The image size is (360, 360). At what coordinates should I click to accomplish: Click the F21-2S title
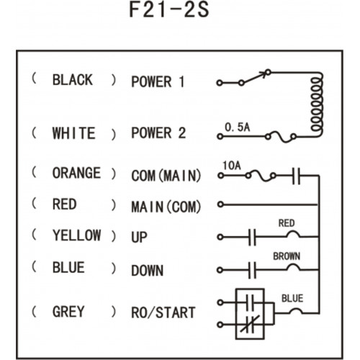169,9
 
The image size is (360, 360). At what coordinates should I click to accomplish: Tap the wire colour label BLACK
73,80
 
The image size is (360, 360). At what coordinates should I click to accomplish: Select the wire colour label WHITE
74,133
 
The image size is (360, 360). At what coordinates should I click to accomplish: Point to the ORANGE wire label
76,173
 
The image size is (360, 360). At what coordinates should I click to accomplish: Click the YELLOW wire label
76,235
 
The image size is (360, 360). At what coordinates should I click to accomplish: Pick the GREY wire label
68,311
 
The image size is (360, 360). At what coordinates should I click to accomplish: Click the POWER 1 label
158,81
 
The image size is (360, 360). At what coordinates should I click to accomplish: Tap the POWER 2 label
158,132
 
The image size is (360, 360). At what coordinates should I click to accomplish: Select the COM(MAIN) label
166,176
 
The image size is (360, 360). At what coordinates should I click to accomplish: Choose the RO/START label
163,312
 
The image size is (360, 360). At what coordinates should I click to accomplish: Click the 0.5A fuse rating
237,127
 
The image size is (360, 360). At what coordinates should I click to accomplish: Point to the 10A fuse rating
232,166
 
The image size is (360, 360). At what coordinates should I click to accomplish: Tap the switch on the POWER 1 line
255,77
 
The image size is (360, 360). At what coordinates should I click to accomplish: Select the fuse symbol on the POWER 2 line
280,137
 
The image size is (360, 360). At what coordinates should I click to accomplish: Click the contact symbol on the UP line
252,237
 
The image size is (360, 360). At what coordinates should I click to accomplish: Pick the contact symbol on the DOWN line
252,270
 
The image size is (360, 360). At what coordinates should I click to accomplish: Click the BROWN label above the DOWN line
287,256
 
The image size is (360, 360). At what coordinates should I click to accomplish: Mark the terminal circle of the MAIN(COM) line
220,204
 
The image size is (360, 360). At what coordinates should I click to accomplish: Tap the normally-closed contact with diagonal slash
250,325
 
